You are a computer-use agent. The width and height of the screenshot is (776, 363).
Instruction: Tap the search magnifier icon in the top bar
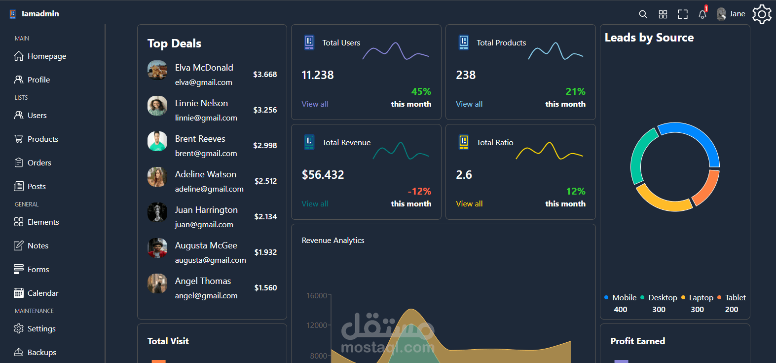[643, 14]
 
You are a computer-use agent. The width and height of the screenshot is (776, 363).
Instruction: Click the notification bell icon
[702, 14]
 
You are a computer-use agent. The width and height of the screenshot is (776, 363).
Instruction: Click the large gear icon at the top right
[762, 14]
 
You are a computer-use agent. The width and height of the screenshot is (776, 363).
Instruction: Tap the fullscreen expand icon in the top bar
[682, 14]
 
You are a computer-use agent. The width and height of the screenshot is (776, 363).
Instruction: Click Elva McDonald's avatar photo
[157, 70]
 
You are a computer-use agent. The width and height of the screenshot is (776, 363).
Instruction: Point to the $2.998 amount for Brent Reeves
[265, 146]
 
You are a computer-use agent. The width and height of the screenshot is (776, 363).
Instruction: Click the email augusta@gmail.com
[210, 260]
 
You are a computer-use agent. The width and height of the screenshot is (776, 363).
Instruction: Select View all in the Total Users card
[315, 104]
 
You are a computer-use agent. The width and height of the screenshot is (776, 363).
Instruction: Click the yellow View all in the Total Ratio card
[469, 204]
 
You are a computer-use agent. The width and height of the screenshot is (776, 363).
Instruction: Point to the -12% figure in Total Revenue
[419, 192]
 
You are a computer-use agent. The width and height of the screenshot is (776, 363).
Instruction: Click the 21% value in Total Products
[575, 92]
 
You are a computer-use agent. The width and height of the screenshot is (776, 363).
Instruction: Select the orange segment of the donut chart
[708, 188]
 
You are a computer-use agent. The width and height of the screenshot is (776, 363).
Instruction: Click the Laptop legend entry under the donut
[701, 298]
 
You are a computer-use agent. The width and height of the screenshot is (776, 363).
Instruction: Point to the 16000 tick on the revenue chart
[317, 296]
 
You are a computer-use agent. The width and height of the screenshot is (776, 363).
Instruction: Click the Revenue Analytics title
[333, 241]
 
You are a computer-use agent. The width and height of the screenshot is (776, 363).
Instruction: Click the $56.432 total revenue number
[323, 175]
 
